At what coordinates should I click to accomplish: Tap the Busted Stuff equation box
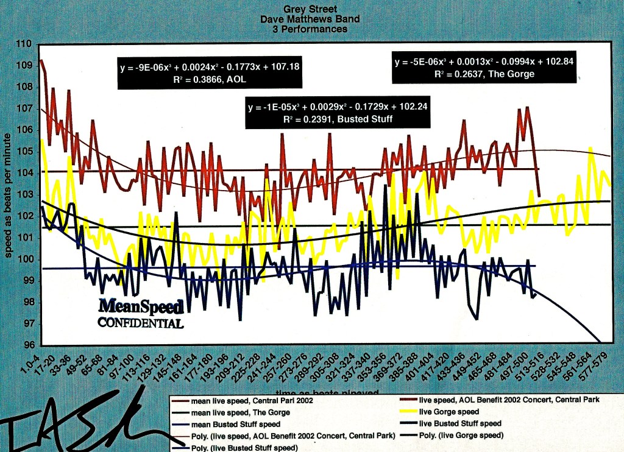tap(320, 113)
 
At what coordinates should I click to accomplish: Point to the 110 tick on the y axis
tap(25, 45)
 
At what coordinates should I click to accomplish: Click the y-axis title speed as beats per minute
tap(10, 195)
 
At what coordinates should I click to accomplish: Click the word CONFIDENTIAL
tap(141, 323)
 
